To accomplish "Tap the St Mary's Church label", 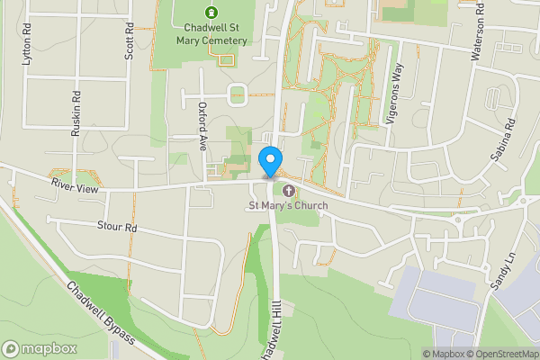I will click(x=288, y=206).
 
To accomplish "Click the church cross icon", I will click(x=288, y=191).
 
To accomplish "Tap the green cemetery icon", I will click(x=211, y=13).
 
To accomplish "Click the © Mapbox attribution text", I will click(x=445, y=354).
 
